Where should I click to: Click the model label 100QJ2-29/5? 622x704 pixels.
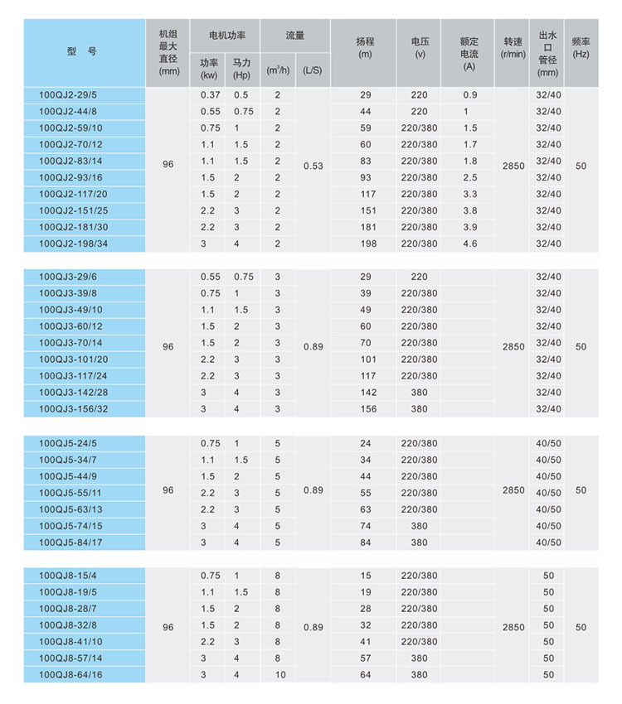(67, 95)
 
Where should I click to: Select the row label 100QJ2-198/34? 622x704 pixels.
(72, 244)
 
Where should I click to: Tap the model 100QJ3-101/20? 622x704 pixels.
(72, 359)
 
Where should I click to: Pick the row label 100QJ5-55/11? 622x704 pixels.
(70, 493)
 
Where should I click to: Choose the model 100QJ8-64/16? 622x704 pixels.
(70, 675)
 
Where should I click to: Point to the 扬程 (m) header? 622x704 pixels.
(366, 48)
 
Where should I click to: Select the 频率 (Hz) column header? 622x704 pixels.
(581, 47)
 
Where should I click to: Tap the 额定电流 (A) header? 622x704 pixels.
(470, 53)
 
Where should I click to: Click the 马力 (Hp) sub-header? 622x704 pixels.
(241, 68)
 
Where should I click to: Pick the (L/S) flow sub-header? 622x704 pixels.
(313, 70)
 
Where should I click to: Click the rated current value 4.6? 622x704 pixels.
(470, 244)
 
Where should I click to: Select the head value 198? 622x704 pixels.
(366, 244)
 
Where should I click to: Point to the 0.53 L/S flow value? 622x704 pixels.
(313, 166)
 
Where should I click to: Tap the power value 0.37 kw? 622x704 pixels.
(210, 95)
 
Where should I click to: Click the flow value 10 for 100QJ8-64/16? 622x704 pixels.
(278, 675)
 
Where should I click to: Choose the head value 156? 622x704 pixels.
(366, 409)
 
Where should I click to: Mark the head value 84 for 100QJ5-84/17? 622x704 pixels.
(366, 542)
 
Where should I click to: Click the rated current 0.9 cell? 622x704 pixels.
(470, 95)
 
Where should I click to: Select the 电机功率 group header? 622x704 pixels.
(225, 36)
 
